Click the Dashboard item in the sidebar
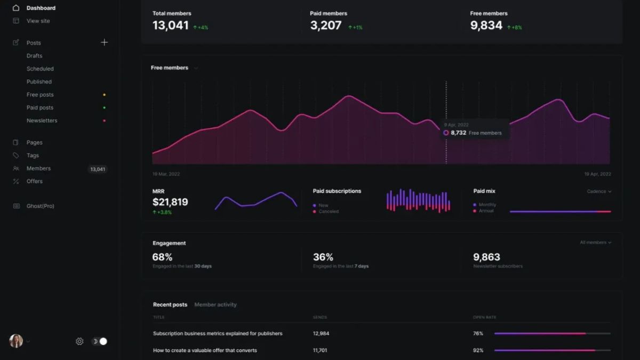pyautogui.click(x=41, y=8)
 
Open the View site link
pyautogui.click(x=38, y=21)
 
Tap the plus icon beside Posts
pyautogui.click(x=104, y=43)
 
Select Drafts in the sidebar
pyautogui.click(x=34, y=55)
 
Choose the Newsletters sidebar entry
pyautogui.click(x=42, y=121)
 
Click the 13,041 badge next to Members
pyautogui.click(x=98, y=169)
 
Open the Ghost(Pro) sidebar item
pyautogui.click(x=40, y=206)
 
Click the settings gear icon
pyautogui.click(x=79, y=341)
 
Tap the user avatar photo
pyautogui.click(x=16, y=341)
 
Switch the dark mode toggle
pyautogui.click(x=99, y=341)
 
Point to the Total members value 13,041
pyautogui.click(x=170, y=26)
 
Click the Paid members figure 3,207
pyautogui.click(x=325, y=26)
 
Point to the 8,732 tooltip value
pyautogui.click(x=458, y=133)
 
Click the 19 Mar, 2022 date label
pyautogui.click(x=166, y=174)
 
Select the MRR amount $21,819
pyautogui.click(x=170, y=202)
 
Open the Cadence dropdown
pyautogui.click(x=599, y=191)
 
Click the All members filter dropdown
pyautogui.click(x=595, y=243)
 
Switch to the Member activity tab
pyautogui.click(x=215, y=305)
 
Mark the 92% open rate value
pyautogui.click(x=478, y=350)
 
